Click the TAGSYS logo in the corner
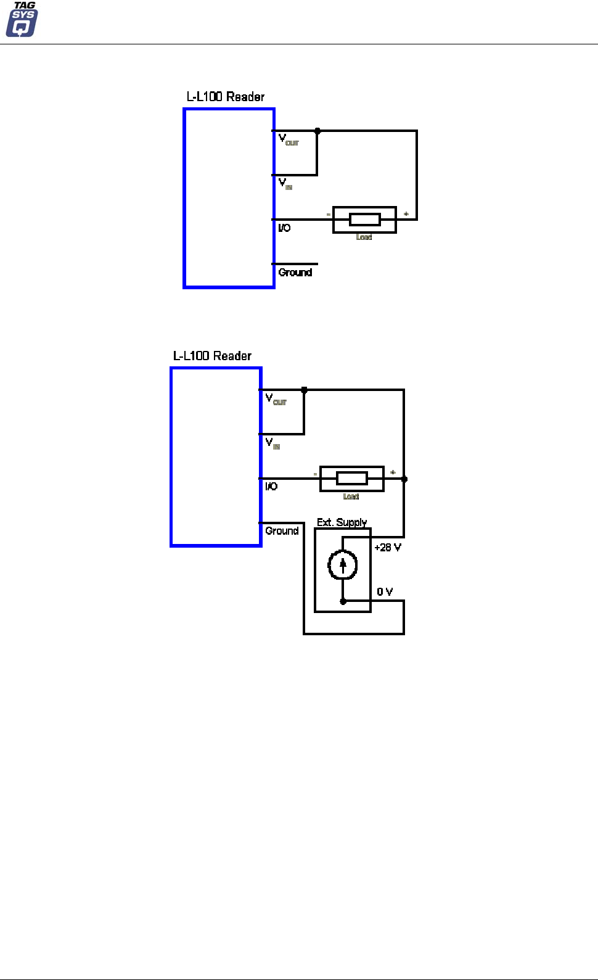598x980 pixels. (22, 20)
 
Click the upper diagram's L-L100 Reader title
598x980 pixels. (226, 97)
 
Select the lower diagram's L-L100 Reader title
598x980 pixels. (212, 356)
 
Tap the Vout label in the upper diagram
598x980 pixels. (288, 139)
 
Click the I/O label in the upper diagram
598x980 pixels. (284, 228)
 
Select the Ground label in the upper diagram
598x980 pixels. (295, 273)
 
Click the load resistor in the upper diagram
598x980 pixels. (364, 220)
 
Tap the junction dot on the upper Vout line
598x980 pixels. (317, 131)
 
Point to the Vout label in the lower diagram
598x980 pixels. (276, 399)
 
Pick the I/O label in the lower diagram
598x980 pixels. (271, 487)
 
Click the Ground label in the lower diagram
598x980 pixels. (282, 531)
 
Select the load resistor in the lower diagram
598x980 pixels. (351, 479)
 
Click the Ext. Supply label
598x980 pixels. (342, 522)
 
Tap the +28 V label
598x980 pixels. (388, 548)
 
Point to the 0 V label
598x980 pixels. (385, 592)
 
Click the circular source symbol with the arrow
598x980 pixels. (343, 565)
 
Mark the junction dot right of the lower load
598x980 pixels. (404, 479)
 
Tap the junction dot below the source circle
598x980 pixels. (343, 601)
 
